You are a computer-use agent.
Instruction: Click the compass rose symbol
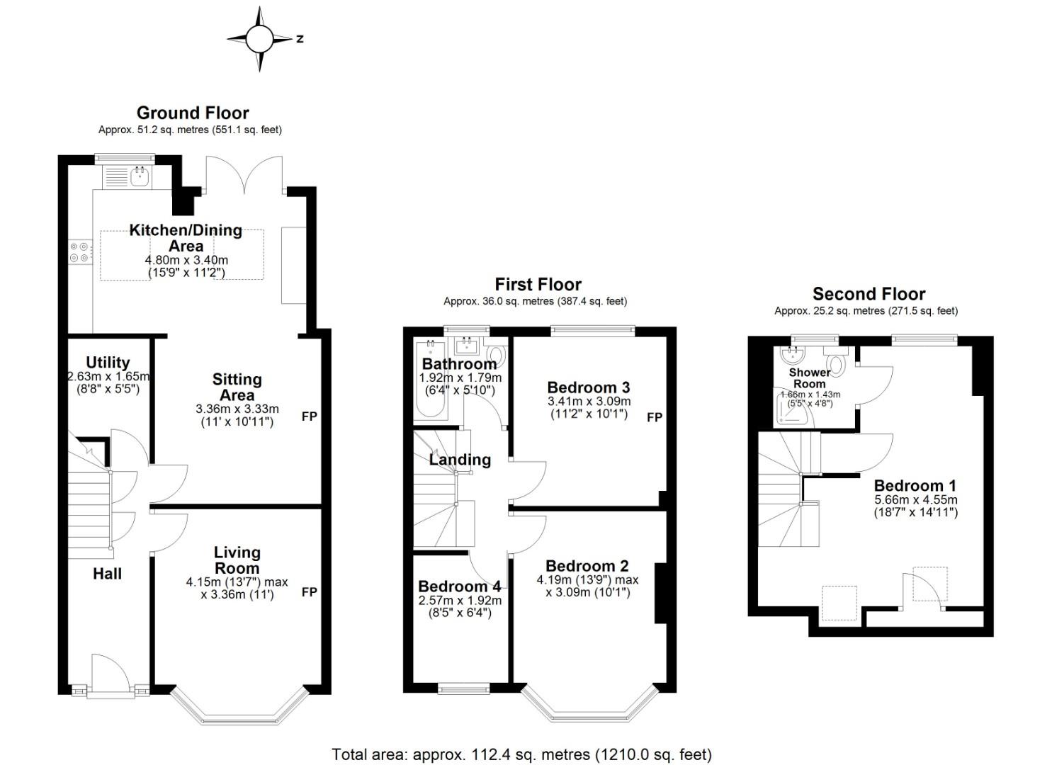pyautogui.click(x=260, y=39)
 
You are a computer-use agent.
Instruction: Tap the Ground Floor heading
pyautogui.click(x=193, y=113)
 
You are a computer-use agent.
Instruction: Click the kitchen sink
pyautogui.click(x=140, y=176)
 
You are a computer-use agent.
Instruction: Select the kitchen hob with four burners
pyautogui.click(x=79, y=252)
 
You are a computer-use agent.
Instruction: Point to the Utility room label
pyautogui.click(x=108, y=362)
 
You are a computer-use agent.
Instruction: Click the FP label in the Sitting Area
pyautogui.click(x=310, y=416)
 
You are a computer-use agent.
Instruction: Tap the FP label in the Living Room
pyautogui.click(x=310, y=591)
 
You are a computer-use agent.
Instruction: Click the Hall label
pyautogui.click(x=107, y=574)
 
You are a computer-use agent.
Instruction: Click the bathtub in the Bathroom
pyautogui.click(x=431, y=380)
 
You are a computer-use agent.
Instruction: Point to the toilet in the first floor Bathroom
pyautogui.click(x=497, y=356)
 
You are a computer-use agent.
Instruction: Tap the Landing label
pyautogui.click(x=460, y=459)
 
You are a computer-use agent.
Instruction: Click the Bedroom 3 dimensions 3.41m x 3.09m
pyautogui.click(x=589, y=402)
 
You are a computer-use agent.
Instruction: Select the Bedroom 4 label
pyautogui.click(x=459, y=586)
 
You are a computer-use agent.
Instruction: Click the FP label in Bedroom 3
pyautogui.click(x=655, y=417)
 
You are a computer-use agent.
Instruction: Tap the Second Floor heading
pyautogui.click(x=869, y=294)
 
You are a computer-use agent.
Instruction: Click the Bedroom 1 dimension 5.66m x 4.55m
pyautogui.click(x=915, y=500)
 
